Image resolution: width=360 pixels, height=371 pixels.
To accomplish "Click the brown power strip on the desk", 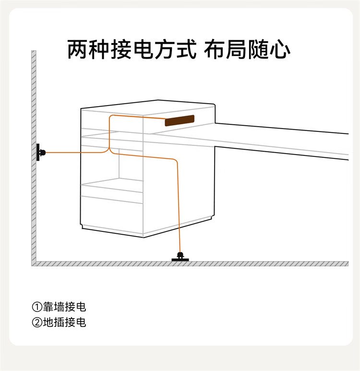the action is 180,120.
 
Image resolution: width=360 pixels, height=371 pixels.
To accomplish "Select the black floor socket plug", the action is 180,257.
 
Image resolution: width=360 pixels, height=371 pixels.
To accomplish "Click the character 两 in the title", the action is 78,49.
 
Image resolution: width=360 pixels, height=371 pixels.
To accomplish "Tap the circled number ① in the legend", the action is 37,307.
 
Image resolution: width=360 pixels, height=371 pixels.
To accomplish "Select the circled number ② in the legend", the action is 37,323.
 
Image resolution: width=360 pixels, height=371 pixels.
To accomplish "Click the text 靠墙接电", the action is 64,307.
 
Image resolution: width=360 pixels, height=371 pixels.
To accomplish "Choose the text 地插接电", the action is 64,323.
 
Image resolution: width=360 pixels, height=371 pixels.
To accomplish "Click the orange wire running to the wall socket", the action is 72,153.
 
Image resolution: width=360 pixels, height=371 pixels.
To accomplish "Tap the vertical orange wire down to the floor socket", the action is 179,206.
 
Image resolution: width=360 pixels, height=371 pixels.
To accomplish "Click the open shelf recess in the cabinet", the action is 131,166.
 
